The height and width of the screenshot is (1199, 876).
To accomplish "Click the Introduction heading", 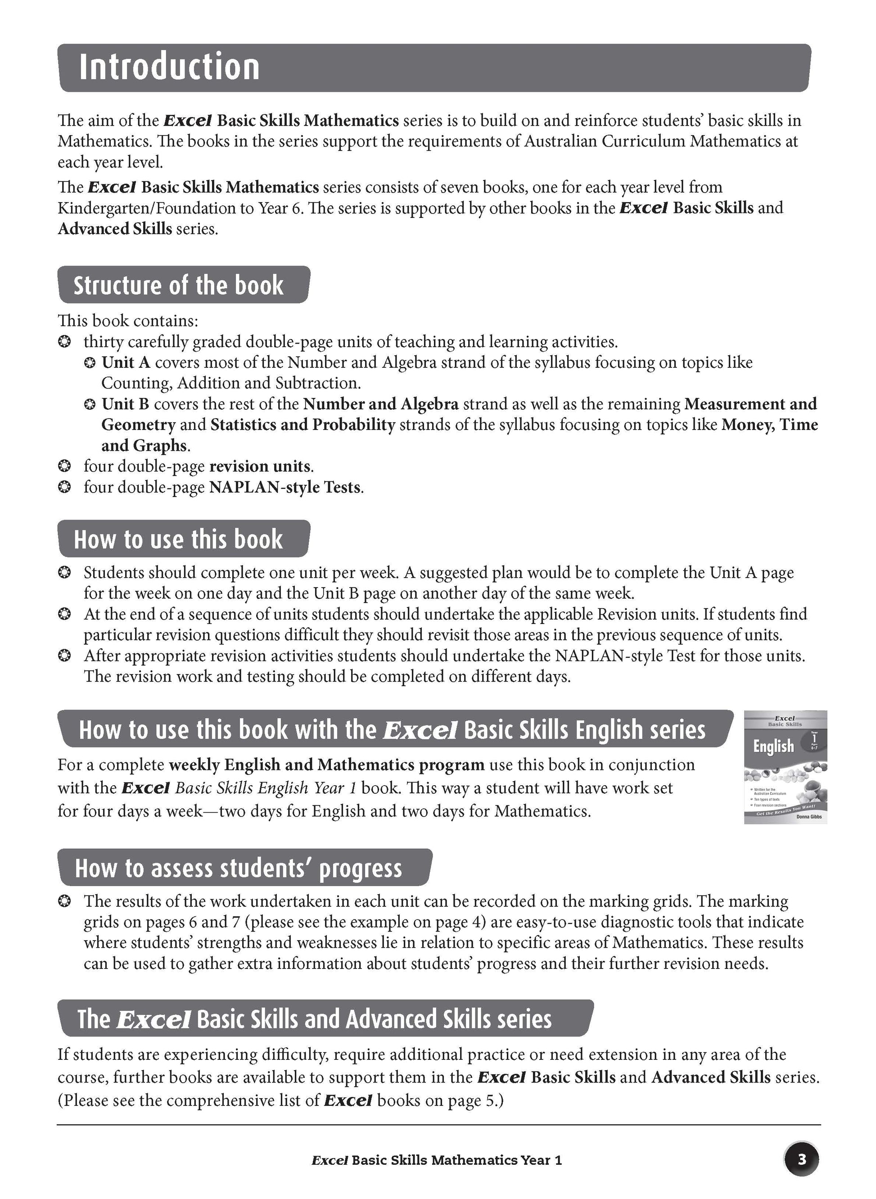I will click(169, 68).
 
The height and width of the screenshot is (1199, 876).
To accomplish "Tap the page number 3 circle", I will click(801, 1160).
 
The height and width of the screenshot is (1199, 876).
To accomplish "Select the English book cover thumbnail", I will click(786, 767).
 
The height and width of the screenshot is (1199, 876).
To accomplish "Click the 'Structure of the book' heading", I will click(178, 285).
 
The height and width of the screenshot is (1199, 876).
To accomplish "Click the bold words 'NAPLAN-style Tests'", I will click(285, 487).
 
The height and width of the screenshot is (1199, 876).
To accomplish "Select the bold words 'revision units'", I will click(259, 466).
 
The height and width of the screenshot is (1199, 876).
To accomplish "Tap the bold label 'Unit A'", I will click(126, 363).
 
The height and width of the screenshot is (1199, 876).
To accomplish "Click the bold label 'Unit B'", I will click(126, 404).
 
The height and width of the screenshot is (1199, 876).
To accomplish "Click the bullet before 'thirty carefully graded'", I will click(64, 342).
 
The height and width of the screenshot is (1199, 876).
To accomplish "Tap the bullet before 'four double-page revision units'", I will click(64, 466).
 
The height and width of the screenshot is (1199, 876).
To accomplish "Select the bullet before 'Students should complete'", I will click(64, 573).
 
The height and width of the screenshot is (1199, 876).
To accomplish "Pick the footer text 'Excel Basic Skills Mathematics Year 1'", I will click(436, 1160).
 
